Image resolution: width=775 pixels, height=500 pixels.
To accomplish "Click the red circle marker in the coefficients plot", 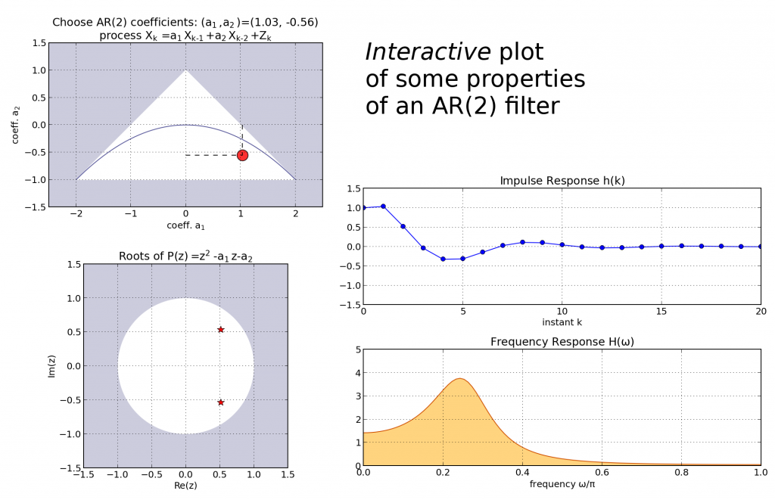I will pyautogui.click(x=242, y=155).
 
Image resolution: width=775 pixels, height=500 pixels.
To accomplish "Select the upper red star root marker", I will pyautogui.click(x=221, y=330).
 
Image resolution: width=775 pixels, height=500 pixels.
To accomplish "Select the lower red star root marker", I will pyautogui.click(x=221, y=402).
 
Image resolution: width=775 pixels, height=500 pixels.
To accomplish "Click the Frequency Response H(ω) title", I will pyautogui.click(x=562, y=342).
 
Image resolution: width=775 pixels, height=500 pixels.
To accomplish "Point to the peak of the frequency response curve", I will pyautogui.click(x=459, y=378).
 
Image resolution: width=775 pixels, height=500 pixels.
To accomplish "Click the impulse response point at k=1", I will pyautogui.click(x=383, y=206).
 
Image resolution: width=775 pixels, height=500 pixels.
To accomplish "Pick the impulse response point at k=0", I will pyautogui.click(x=364, y=207).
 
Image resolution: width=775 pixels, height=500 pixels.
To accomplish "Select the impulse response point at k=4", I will pyautogui.click(x=443, y=259).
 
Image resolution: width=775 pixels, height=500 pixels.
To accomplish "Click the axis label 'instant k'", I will pyautogui.click(x=562, y=322).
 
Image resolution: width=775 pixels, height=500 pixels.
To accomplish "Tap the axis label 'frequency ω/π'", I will pyautogui.click(x=562, y=484).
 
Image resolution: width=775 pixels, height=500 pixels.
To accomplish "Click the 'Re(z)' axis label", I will pyautogui.click(x=185, y=485).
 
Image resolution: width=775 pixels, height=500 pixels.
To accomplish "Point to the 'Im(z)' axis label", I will pyautogui.click(x=52, y=366).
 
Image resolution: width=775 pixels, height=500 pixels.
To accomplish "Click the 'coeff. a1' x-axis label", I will pyautogui.click(x=185, y=225).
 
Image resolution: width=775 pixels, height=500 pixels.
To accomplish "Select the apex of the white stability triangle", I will pyautogui.click(x=185, y=70).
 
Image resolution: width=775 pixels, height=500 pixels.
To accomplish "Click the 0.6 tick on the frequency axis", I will pyautogui.click(x=602, y=473).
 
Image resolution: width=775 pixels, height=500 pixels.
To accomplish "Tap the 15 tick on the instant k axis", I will pyautogui.click(x=661, y=311).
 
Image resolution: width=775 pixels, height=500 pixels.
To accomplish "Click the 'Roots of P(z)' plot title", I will pyautogui.click(x=185, y=256).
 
